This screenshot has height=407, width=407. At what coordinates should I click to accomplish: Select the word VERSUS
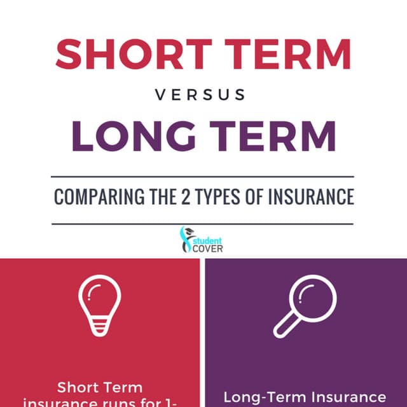coord(200,95)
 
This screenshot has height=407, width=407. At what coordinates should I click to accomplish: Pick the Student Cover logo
coord(202,240)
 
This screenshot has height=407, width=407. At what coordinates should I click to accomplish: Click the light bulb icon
coord(99,305)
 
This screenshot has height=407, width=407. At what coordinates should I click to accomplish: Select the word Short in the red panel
coord(79,387)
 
